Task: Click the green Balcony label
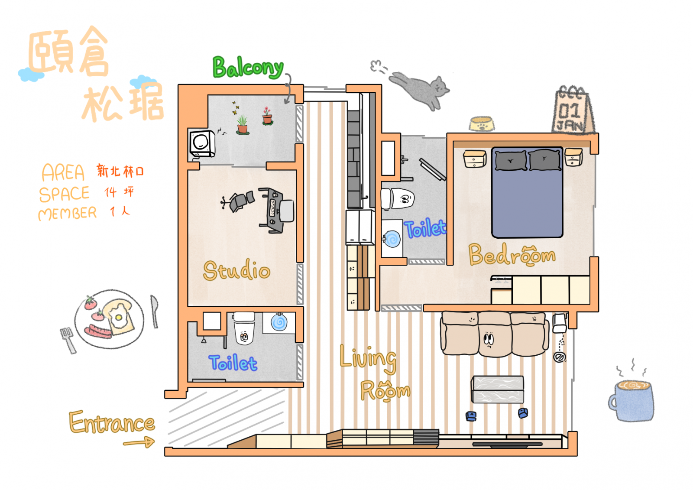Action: [x=248, y=68]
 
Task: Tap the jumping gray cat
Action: [x=419, y=89]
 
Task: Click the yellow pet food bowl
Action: [x=482, y=123]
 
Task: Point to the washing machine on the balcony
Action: [x=202, y=143]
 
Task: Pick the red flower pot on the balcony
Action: [x=267, y=116]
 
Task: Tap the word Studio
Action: [x=236, y=270]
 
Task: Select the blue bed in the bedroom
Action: [x=527, y=193]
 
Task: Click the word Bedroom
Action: [x=512, y=255]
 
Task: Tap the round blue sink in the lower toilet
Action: [x=279, y=322]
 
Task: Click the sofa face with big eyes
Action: [x=489, y=339]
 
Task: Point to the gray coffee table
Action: [x=497, y=389]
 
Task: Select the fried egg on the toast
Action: [x=118, y=318]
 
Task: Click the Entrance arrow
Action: [x=139, y=442]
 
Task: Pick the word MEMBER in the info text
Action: [x=68, y=213]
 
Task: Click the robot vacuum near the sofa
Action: [x=560, y=357]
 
